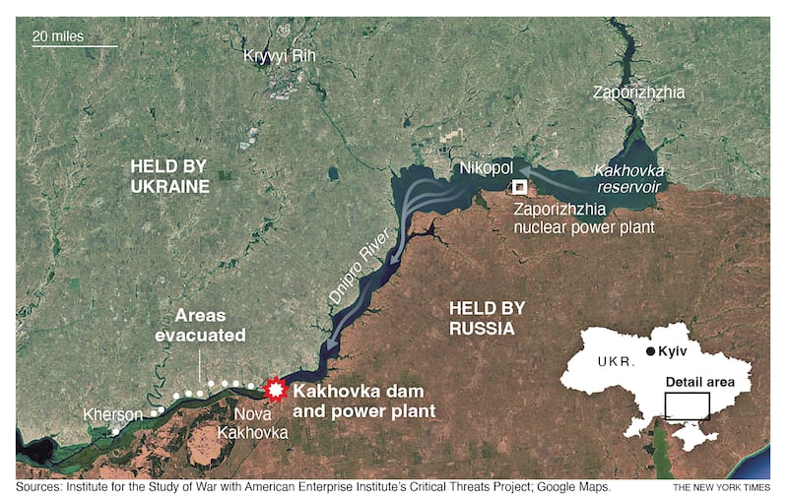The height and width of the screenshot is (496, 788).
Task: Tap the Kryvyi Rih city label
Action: click(280, 56)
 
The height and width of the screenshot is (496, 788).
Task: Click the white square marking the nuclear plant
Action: click(519, 186)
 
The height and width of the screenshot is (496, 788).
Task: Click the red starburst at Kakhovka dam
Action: click(275, 391)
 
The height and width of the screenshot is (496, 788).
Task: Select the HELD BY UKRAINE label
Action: click(170, 175)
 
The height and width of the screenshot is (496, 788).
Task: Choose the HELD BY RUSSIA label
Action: click(484, 314)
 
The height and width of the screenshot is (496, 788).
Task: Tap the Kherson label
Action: click(113, 414)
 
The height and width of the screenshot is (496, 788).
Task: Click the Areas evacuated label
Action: click(210, 326)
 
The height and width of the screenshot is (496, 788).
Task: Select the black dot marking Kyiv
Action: click(651, 351)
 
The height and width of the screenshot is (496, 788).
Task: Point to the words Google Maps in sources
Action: click(571, 486)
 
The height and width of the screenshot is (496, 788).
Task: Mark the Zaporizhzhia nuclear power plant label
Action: click(585, 218)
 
